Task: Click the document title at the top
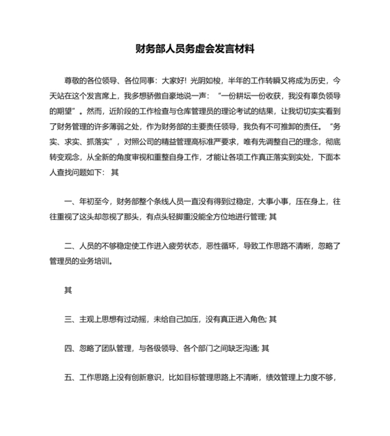195,50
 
